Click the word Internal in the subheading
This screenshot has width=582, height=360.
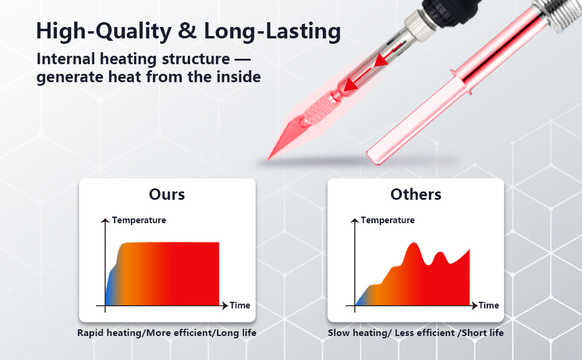(x=65, y=59)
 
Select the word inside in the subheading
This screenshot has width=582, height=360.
(x=238, y=77)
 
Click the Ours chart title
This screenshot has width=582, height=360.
(x=167, y=194)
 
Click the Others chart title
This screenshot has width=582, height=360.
(x=416, y=194)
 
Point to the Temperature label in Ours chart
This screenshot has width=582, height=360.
(x=139, y=220)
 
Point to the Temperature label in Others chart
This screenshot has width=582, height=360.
(x=388, y=220)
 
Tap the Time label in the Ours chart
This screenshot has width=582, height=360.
(x=240, y=305)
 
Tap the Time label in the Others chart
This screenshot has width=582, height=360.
(x=488, y=305)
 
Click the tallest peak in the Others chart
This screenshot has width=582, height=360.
(x=413, y=244)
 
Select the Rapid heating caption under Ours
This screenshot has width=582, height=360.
(x=167, y=333)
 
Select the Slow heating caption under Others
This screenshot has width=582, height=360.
(x=416, y=333)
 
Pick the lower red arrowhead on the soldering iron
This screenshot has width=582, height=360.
(x=350, y=85)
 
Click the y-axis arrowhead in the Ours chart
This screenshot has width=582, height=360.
(x=105, y=221)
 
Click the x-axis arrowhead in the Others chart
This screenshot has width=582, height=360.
(x=475, y=305)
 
